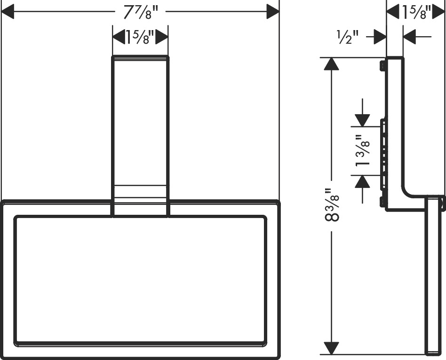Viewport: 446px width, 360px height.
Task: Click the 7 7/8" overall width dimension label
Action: pos(140,12)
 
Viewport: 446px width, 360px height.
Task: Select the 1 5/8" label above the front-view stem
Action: pos(140,37)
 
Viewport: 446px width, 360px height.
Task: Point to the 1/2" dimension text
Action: pos(347,37)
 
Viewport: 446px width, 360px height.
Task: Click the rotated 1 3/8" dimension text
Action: pos(362,150)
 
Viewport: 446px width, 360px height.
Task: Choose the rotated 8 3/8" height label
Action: pos(332,205)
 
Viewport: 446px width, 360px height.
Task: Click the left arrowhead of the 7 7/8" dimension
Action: pos(8,12)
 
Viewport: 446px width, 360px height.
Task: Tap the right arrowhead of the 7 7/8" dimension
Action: pos(273,12)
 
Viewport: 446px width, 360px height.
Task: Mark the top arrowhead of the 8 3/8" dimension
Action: pos(331,64)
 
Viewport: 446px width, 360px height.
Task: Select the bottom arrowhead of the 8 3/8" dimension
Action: pos(331,348)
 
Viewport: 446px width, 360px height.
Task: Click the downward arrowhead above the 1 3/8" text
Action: pos(362,120)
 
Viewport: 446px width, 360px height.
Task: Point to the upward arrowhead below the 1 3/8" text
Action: pos(362,181)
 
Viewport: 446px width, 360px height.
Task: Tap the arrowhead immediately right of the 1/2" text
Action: pos(380,37)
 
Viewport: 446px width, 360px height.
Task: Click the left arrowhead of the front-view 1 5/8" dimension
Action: pos(119,37)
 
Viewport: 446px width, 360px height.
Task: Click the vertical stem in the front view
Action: pos(141,136)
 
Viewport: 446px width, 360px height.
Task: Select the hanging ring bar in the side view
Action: pos(433,275)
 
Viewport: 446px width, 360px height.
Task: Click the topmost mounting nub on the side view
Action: pos(382,66)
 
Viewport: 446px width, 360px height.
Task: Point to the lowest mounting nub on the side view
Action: pos(382,202)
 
